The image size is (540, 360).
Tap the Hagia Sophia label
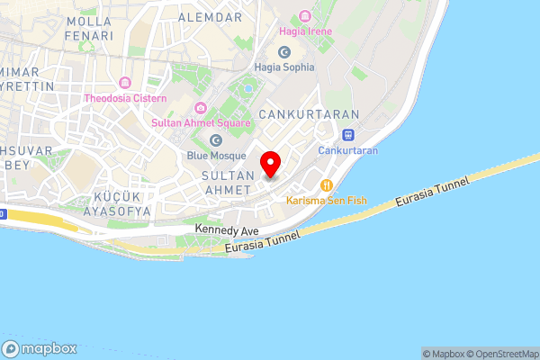(284, 67)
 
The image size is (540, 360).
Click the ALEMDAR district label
(211, 18)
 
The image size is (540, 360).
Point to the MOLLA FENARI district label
(89, 28)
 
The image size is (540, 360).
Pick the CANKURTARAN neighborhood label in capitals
(309, 115)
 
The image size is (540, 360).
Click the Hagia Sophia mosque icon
(284, 52)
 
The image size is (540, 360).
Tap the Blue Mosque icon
(215, 140)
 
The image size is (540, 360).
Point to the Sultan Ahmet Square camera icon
(211, 109)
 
